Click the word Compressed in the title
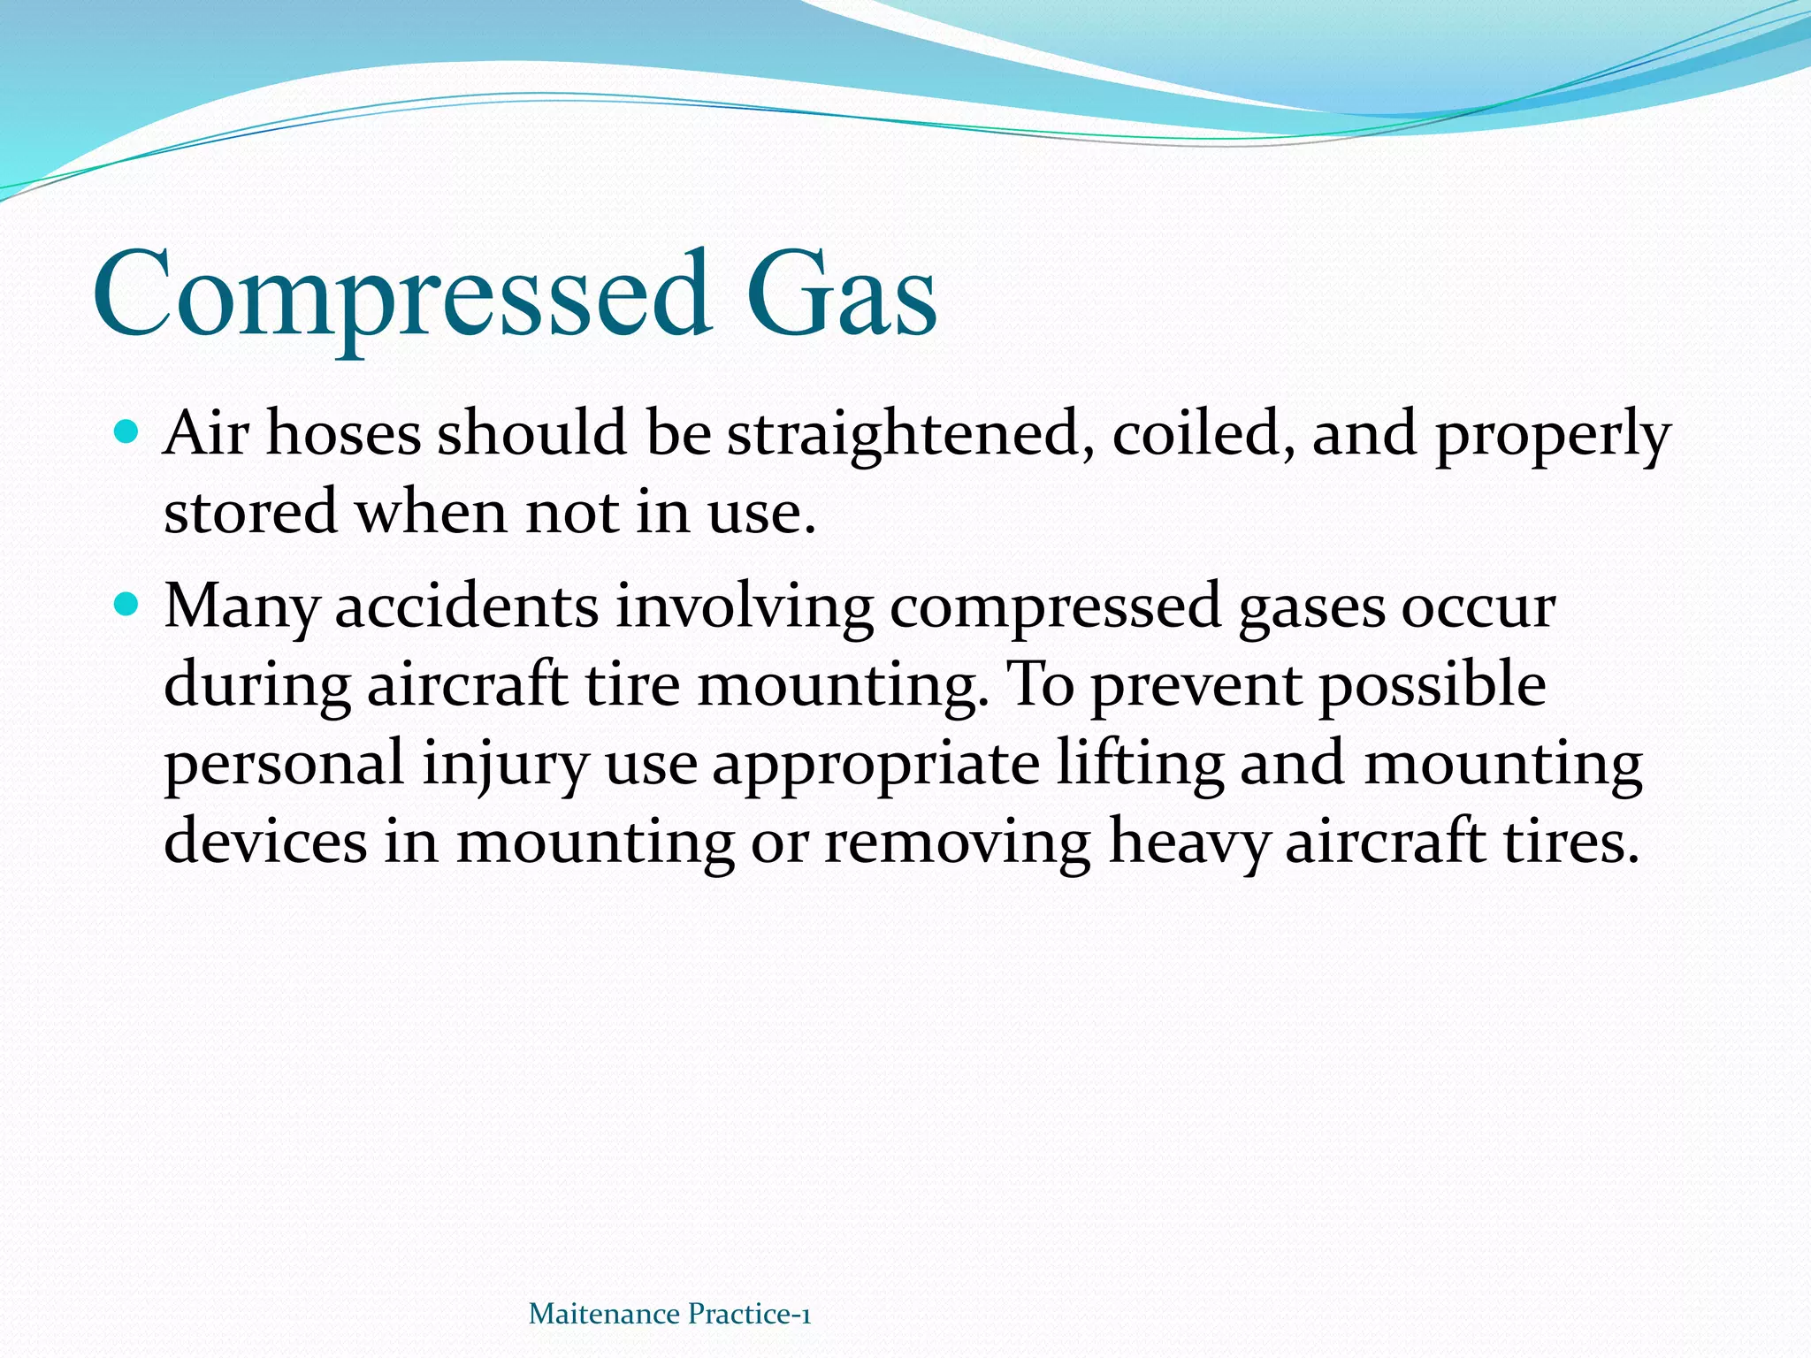tap(402, 296)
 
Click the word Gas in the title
tap(840, 296)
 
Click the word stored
tap(250, 513)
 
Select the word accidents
tap(467, 608)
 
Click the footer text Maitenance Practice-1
tap(669, 1314)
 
